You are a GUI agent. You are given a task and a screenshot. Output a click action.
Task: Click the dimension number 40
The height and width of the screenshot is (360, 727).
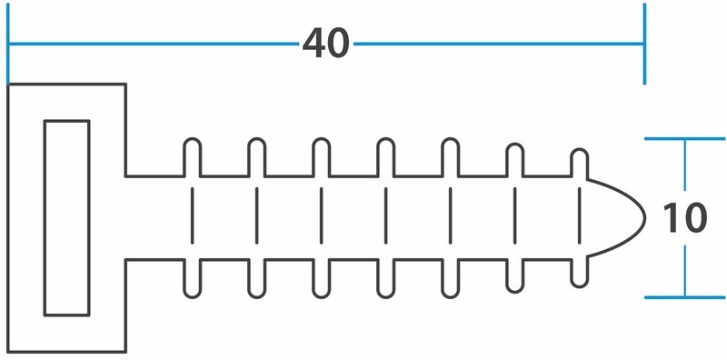click(x=325, y=43)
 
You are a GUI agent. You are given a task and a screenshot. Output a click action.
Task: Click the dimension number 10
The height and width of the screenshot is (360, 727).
click(x=685, y=218)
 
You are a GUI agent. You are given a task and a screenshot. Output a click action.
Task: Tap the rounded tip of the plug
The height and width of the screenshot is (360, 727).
click(x=644, y=217)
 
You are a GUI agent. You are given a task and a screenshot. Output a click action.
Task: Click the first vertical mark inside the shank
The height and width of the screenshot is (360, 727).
click(x=193, y=215)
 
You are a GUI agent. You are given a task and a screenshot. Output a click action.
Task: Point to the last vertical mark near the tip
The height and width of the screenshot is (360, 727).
click(x=580, y=215)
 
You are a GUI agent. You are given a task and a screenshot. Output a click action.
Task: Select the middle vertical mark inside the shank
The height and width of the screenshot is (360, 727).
click(x=385, y=215)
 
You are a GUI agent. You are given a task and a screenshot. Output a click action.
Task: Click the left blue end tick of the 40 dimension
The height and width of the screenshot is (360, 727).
click(x=8, y=44)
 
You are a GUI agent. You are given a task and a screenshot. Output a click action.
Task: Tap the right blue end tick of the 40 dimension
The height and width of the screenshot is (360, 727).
click(x=644, y=44)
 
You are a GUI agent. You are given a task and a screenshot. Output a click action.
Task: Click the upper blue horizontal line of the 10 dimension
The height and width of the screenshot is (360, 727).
click(x=685, y=139)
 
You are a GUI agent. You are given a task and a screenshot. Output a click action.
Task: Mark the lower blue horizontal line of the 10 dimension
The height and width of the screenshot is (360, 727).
click(x=685, y=297)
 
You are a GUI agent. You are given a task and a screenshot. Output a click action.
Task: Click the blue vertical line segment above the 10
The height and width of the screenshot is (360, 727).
click(x=685, y=165)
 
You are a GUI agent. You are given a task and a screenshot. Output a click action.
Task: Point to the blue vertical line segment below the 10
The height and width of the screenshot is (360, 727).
click(x=685, y=271)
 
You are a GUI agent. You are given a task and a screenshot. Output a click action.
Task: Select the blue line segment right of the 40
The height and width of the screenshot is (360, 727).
click(x=498, y=44)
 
